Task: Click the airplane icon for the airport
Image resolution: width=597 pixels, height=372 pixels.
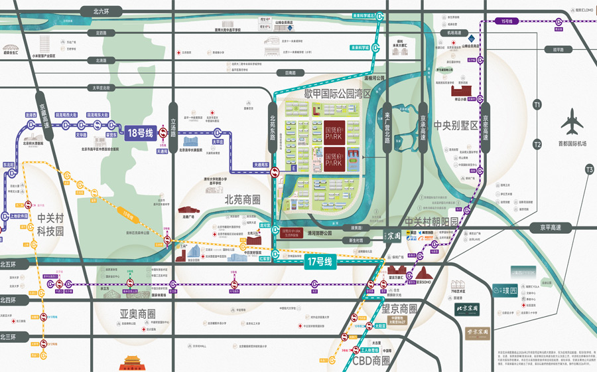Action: (571, 124)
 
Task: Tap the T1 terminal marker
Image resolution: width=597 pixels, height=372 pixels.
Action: (537, 104)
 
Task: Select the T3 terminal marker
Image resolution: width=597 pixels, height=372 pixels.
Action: (588, 170)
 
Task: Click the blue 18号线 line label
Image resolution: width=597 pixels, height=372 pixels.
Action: (144, 132)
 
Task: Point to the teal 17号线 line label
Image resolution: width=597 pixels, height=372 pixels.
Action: (323, 262)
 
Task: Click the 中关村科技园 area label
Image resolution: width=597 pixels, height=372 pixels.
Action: (50, 226)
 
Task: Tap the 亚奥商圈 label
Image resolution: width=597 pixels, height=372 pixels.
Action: (137, 314)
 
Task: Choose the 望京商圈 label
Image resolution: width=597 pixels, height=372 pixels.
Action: (399, 309)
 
